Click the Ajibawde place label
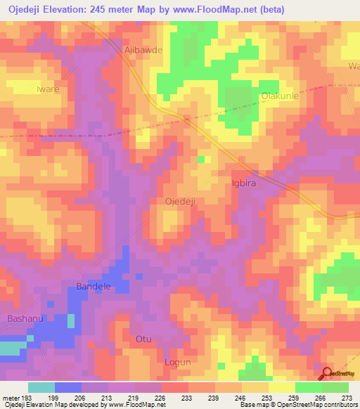pyautogui.click(x=143, y=51)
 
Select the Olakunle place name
pyautogui.click(x=281, y=96)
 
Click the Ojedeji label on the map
pyautogui.click(x=179, y=202)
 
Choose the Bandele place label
pyautogui.click(x=94, y=287)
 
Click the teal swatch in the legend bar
pyautogui.click(x=41, y=387)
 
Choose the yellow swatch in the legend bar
pyautogui.click(x=282, y=387)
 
